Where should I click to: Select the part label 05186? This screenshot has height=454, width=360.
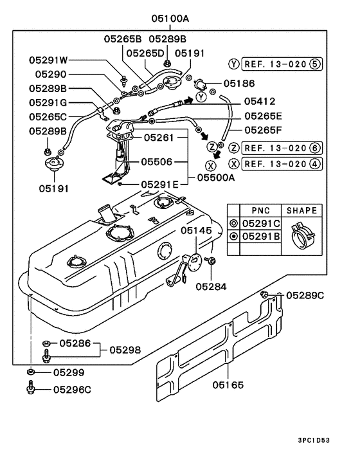click(x=239, y=83)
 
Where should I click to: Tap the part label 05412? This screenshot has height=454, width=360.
click(x=259, y=102)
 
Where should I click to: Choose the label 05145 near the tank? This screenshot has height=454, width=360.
click(x=196, y=230)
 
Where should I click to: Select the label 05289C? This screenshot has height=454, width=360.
click(x=305, y=295)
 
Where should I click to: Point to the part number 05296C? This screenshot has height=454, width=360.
click(x=72, y=388)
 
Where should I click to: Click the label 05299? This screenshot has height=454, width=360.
click(x=68, y=372)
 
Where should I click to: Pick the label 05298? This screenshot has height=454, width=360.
click(x=125, y=349)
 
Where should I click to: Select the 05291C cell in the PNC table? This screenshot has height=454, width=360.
click(x=261, y=223)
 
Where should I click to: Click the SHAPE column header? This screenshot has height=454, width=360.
click(x=302, y=210)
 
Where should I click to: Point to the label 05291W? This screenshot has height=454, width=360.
click(x=48, y=60)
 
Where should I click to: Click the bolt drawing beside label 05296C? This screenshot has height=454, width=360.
click(x=30, y=388)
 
